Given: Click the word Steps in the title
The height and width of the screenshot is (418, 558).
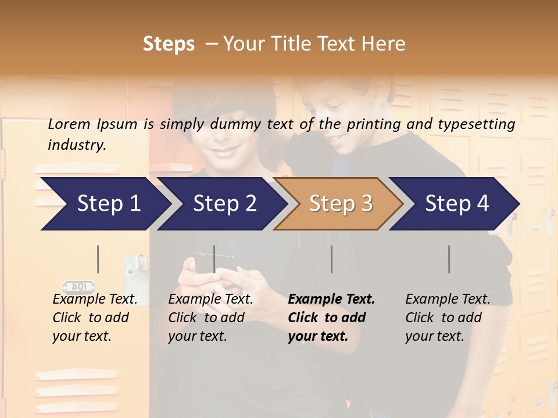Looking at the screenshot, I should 169,44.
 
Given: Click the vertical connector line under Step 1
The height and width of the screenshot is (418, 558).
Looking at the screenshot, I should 98,259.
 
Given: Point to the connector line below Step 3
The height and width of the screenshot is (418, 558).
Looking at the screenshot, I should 331,259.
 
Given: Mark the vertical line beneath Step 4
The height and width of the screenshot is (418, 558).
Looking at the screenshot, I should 449,259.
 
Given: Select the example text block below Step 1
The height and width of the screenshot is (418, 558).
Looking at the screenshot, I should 95,318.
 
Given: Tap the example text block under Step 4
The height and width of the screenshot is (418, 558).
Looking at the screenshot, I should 448,318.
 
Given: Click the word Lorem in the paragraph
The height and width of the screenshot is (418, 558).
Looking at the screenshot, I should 69,124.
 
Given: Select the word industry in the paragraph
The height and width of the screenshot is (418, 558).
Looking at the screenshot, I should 77,145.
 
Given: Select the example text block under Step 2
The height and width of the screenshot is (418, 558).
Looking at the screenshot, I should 210,318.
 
